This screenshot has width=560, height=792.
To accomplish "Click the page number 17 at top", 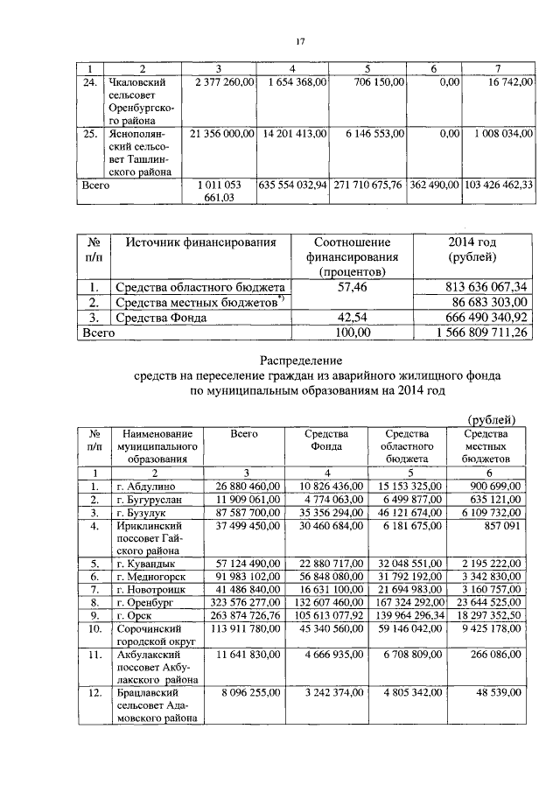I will (x=299, y=41).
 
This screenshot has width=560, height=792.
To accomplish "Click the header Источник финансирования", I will (x=200, y=242).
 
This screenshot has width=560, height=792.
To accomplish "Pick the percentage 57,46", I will (x=351, y=286).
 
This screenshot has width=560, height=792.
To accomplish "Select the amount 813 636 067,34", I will (x=471, y=286).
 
